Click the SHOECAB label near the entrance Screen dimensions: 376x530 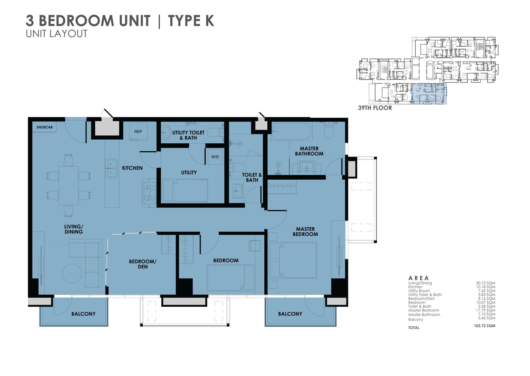click(x=44, y=127)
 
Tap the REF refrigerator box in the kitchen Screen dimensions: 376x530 click(x=138, y=132)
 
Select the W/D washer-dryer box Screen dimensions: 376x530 click(x=215, y=157)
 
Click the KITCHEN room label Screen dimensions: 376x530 click(x=132, y=168)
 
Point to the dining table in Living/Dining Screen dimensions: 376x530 click(x=69, y=185)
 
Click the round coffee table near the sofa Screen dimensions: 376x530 click(x=72, y=273)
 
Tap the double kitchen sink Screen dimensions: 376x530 click(x=111, y=168)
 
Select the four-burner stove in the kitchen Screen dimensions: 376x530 click(x=149, y=193)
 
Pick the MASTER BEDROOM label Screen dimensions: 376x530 click(x=305, y=231)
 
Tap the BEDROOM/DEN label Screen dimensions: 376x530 click(x=142, y=264)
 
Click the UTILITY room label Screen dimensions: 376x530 click(x=189, y=172)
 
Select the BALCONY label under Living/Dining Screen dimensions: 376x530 click(x=83, y=314)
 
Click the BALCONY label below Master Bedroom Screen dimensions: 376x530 click(x=290, y=314)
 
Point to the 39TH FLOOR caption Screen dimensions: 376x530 click(x=375, y=108)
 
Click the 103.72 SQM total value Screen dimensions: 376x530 click(x=484, y=326)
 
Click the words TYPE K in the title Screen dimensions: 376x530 click(x=191, y=21)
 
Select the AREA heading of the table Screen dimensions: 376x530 click(x=419, y=278)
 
